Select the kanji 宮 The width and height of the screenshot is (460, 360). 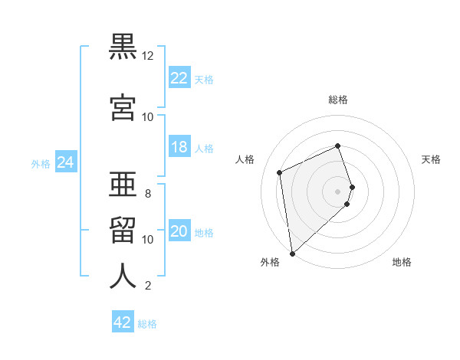point(123,107)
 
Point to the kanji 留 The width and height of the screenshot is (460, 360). point(123,228)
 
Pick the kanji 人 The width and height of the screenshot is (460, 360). point(123,276)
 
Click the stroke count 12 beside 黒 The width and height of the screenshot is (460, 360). point(148,57)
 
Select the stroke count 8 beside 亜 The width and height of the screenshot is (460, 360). point(148,194)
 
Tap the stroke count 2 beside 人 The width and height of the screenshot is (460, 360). point(148,286)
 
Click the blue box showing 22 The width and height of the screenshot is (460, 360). point(179,78)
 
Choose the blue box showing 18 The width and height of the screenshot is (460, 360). point(179,147)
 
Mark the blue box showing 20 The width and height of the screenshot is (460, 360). point(179,232)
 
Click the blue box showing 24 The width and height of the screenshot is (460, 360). point(66,162)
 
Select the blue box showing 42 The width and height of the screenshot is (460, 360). point(123,322)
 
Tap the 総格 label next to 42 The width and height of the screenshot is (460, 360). point(147,324)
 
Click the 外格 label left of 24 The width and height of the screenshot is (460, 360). point(41,163)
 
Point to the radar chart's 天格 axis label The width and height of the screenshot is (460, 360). point(431,159)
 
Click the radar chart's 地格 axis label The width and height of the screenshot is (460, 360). point(402,262)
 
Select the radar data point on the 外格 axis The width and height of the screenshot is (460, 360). point(292,253)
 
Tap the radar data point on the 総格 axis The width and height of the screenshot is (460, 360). point(337,146)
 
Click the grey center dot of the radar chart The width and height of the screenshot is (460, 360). point(338,191)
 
